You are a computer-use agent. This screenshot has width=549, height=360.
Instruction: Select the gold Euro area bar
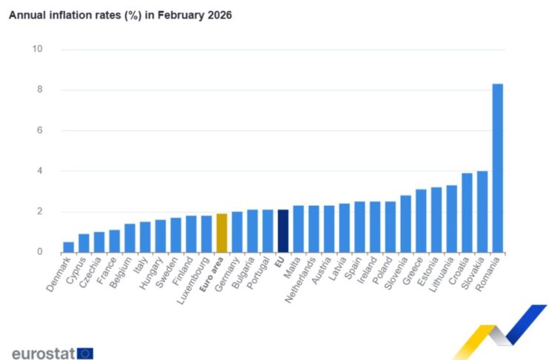click(x=222, y=233)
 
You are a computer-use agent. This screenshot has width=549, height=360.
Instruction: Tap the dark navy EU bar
click(x=282, y=230)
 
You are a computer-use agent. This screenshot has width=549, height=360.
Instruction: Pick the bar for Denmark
click(x=68, y=247)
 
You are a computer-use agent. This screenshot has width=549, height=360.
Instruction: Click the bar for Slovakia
click(x=482, y=211)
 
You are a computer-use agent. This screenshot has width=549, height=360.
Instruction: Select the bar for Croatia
click(x=467, y=213)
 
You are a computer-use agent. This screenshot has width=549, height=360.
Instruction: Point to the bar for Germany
click(x=237, y=232)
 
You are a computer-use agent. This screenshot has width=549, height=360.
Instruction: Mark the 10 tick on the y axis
click(x=37, y=50)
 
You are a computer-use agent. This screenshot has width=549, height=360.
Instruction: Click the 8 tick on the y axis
click(x=39, y=90)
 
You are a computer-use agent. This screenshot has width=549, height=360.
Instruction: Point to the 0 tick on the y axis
click(x=39, y=253)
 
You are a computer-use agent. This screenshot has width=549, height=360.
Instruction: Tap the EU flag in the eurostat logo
click(x=84, y=353)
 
